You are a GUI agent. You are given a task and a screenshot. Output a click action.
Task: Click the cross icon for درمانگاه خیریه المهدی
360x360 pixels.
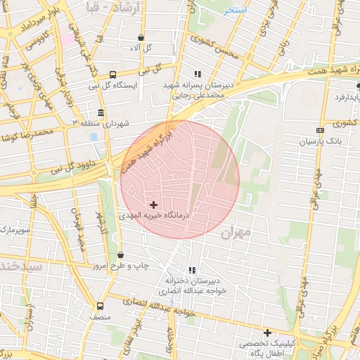154,205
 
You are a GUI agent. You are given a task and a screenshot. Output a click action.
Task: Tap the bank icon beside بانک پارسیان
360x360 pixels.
321,130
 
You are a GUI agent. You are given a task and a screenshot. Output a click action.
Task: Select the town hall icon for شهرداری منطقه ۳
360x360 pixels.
101,112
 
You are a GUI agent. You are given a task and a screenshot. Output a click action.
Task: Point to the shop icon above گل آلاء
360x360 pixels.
141,37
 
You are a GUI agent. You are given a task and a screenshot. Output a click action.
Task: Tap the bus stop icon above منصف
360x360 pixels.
100,306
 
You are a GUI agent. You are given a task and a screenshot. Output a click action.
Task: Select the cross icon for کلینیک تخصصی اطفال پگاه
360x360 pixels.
267,333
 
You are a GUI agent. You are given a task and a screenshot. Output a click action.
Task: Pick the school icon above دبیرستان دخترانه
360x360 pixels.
192,270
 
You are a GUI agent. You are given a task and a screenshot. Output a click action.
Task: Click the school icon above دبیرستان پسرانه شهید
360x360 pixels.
198,74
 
